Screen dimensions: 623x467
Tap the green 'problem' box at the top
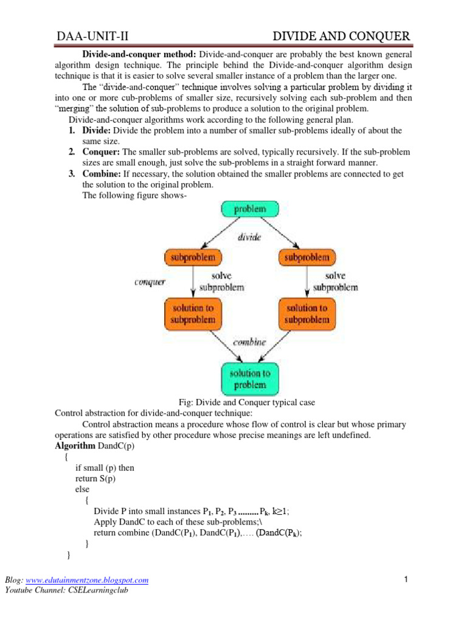click(x=249, y=209)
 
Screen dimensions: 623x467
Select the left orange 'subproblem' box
click(x=193, y=257)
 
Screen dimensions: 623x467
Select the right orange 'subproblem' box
click(x=308, y=257)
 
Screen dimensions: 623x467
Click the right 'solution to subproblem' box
click(x=307, y=313)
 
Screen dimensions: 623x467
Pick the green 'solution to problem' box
click(x=249, y=378)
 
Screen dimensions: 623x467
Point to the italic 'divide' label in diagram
click(x=249, y=238)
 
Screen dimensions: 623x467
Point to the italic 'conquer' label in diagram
click(x=150, y=282)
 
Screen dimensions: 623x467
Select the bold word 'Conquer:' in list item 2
click(x=100, y=151)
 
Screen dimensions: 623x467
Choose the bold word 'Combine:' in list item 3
click(x=101, y=173)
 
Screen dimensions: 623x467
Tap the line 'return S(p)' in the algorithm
click(x=95, y=479)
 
